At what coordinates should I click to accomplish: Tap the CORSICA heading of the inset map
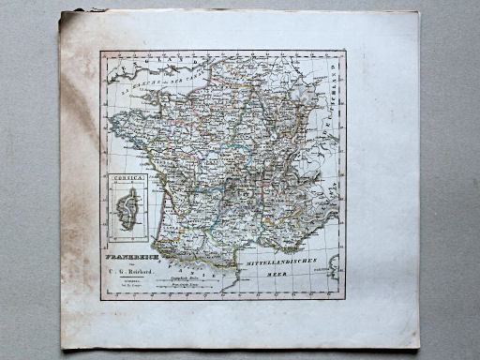pos(125,178)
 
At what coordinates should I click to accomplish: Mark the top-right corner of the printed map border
pos(345,51)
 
